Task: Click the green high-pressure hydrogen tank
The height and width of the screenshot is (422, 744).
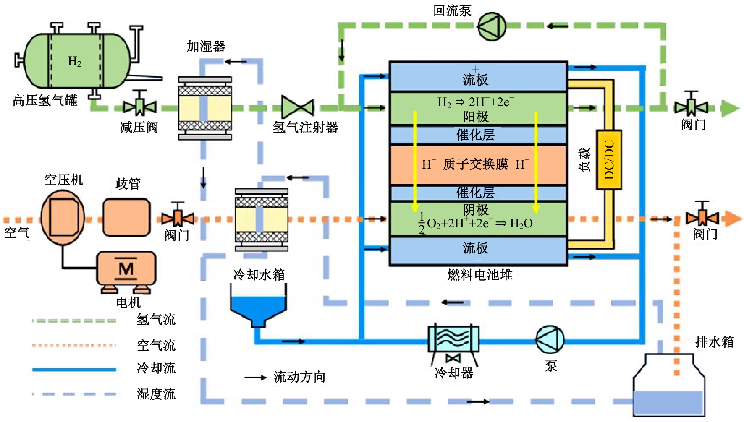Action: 76,61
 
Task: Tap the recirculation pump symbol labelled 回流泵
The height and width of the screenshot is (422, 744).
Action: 492,26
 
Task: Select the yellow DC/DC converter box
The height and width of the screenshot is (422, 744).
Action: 609,160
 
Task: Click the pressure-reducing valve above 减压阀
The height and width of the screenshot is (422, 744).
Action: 139,107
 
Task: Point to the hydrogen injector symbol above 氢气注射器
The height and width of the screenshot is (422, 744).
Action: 298,107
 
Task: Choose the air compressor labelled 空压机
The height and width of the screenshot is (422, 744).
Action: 63,218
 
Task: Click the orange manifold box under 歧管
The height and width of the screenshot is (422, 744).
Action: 126,217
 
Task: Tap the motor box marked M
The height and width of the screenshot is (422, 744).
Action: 126,268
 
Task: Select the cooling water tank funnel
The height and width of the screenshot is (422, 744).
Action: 258,308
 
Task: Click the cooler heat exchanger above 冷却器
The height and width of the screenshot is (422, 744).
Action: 453,339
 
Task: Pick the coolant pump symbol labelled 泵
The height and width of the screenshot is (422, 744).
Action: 550,339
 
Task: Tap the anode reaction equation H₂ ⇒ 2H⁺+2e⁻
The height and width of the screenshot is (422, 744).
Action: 475,102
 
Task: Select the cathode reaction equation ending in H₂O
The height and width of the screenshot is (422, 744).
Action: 476,223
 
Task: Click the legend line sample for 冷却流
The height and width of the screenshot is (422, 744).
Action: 74,370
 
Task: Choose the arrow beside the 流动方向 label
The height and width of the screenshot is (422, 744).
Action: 255,378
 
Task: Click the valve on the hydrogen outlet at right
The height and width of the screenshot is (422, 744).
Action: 691,107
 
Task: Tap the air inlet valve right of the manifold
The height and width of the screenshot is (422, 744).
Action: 178,218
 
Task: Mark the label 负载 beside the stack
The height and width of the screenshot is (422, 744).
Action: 584,160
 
